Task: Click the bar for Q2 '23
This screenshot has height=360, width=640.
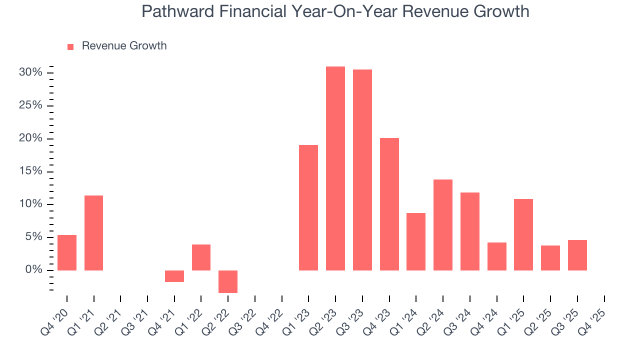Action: coord(335,168)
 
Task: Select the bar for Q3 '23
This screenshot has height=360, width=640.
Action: coord(362,170)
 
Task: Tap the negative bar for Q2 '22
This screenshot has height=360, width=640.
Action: coord(228,281)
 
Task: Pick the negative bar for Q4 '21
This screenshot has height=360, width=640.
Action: coord(174,276)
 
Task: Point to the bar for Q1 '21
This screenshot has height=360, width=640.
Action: coord(93,233)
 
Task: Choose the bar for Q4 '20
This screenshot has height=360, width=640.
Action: coord(67,252)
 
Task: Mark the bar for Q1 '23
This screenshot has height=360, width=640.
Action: coord(308,207)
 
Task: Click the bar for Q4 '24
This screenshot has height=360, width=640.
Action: coord(496,256)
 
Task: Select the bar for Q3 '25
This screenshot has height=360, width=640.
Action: coord(577,255)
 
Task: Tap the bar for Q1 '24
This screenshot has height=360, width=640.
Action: coord(416,241)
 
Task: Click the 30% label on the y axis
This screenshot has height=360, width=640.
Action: coord(30,72)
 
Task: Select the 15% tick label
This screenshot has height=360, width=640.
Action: coord(30,171)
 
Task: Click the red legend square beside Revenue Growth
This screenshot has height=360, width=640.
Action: coord(70,46)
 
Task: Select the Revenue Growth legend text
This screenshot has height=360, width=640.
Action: coord(124,46)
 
